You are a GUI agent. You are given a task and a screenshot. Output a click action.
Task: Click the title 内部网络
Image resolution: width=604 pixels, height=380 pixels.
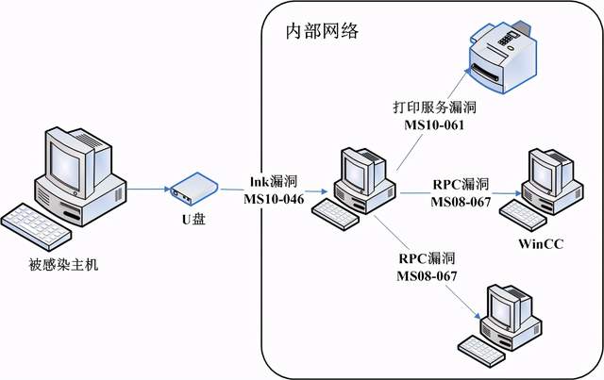click(x=322, y=31)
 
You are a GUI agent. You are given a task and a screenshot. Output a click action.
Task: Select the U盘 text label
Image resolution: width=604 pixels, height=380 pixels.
click(x=193, y=219)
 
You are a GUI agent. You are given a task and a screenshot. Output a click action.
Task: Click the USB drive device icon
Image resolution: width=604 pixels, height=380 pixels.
click(x=192, y=188)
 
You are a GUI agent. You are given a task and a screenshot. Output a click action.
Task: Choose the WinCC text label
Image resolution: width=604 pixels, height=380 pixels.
click(x=542, y=244)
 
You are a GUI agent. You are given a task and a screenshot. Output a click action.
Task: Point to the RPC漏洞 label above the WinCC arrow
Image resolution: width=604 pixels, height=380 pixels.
click(x=461, y=183)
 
